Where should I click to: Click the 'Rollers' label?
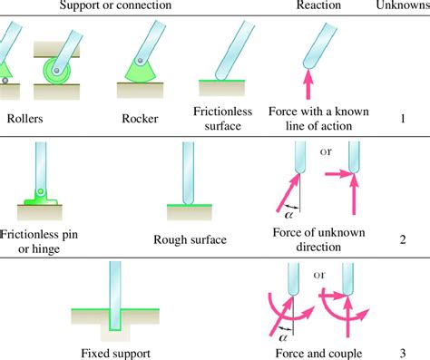click(30, 117)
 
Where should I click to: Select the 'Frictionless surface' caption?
click(215, 118)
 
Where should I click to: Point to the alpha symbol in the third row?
click(288, 332)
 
